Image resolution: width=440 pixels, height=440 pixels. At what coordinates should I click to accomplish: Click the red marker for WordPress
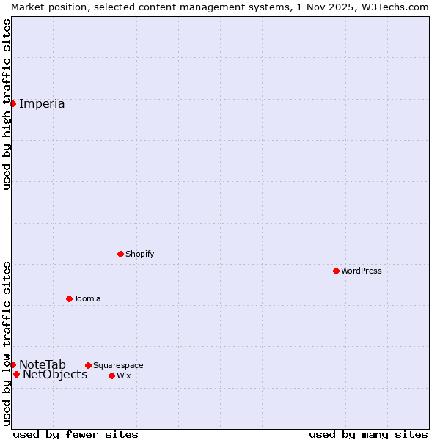click(x=336, y=271)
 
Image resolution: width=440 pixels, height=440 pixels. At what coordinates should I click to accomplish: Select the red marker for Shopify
click(x=120, y=254)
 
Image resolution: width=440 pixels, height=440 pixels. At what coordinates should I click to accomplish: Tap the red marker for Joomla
click(x=69, y=298)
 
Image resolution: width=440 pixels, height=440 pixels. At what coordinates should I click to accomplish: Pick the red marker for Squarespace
click(x=88, y=365)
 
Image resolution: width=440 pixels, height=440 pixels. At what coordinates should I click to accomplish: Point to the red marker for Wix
click(x=111, y=375)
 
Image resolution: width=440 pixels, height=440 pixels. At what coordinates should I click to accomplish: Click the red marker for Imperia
click(x=12, y=103)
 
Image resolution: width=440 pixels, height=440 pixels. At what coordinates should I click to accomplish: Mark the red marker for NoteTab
click(x=12, y=364)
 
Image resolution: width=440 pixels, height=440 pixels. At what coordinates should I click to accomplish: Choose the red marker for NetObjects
click(x=16, y=374)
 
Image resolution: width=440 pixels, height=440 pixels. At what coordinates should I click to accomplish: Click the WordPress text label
click(x=362, y=271)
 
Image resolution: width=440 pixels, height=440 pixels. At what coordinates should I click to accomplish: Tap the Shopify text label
click(x=139, y=254)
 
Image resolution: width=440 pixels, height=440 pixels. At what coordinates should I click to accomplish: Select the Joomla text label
click(x=87, y=298)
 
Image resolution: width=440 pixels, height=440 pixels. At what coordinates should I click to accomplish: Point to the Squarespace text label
click(x=118, y=365)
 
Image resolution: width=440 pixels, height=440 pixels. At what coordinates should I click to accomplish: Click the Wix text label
click(x=123, y=375)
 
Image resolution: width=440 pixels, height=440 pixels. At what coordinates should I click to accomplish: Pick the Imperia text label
click(x=42, y=103)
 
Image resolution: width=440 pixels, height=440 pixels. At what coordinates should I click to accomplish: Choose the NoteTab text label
click(x=43, y=364)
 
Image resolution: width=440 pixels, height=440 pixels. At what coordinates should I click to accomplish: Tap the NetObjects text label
click(x=55, y=375)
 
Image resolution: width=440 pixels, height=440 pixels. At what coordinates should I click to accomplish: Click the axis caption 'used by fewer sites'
click(x=76, y=434)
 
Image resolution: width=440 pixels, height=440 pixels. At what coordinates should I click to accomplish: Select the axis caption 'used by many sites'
click(x=368, y=434)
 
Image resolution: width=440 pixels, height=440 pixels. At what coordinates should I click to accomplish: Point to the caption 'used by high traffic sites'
click(x=7, y=104)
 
